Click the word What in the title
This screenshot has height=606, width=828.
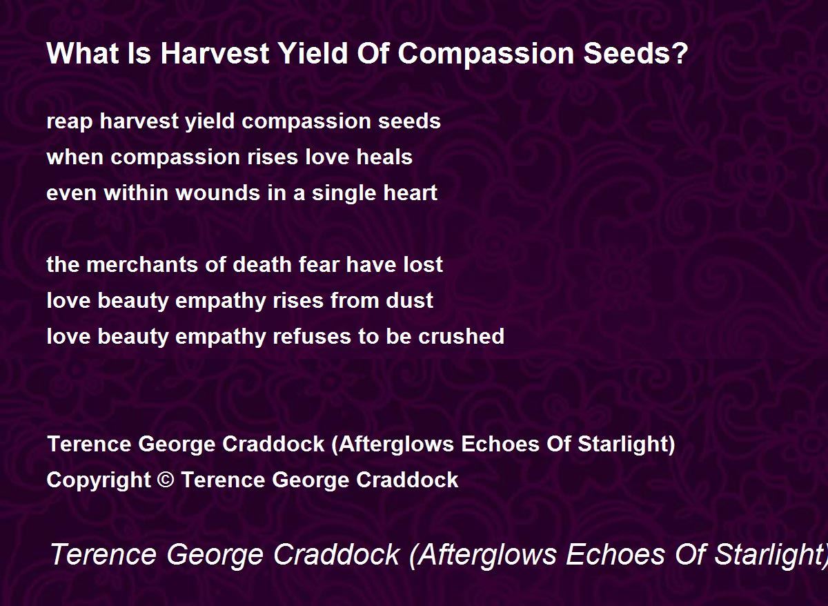pyautogui.click(x=82, y=53)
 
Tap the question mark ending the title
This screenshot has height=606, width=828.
pyautogui.click(x=680, y=53)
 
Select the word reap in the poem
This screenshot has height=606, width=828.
pyautogui.click(x=69, y=122)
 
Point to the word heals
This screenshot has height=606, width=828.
pyautogui.click(x=384, y=157)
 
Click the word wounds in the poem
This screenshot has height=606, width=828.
pyautogui.click(x=218, y=193)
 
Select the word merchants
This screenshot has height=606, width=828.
pyautogui.click(x=142, y=265)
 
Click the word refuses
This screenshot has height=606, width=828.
pyautogui.click(x=312, y=336)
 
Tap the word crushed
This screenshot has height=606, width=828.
pyautogui.click(x=462, y=336)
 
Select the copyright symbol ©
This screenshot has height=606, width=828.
pyautogui.click(x=166, y=480)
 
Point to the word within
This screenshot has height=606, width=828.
pyautogui.click(x=136, y=193)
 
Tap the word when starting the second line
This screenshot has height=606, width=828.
pyautogui.click(x=75, y=157)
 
